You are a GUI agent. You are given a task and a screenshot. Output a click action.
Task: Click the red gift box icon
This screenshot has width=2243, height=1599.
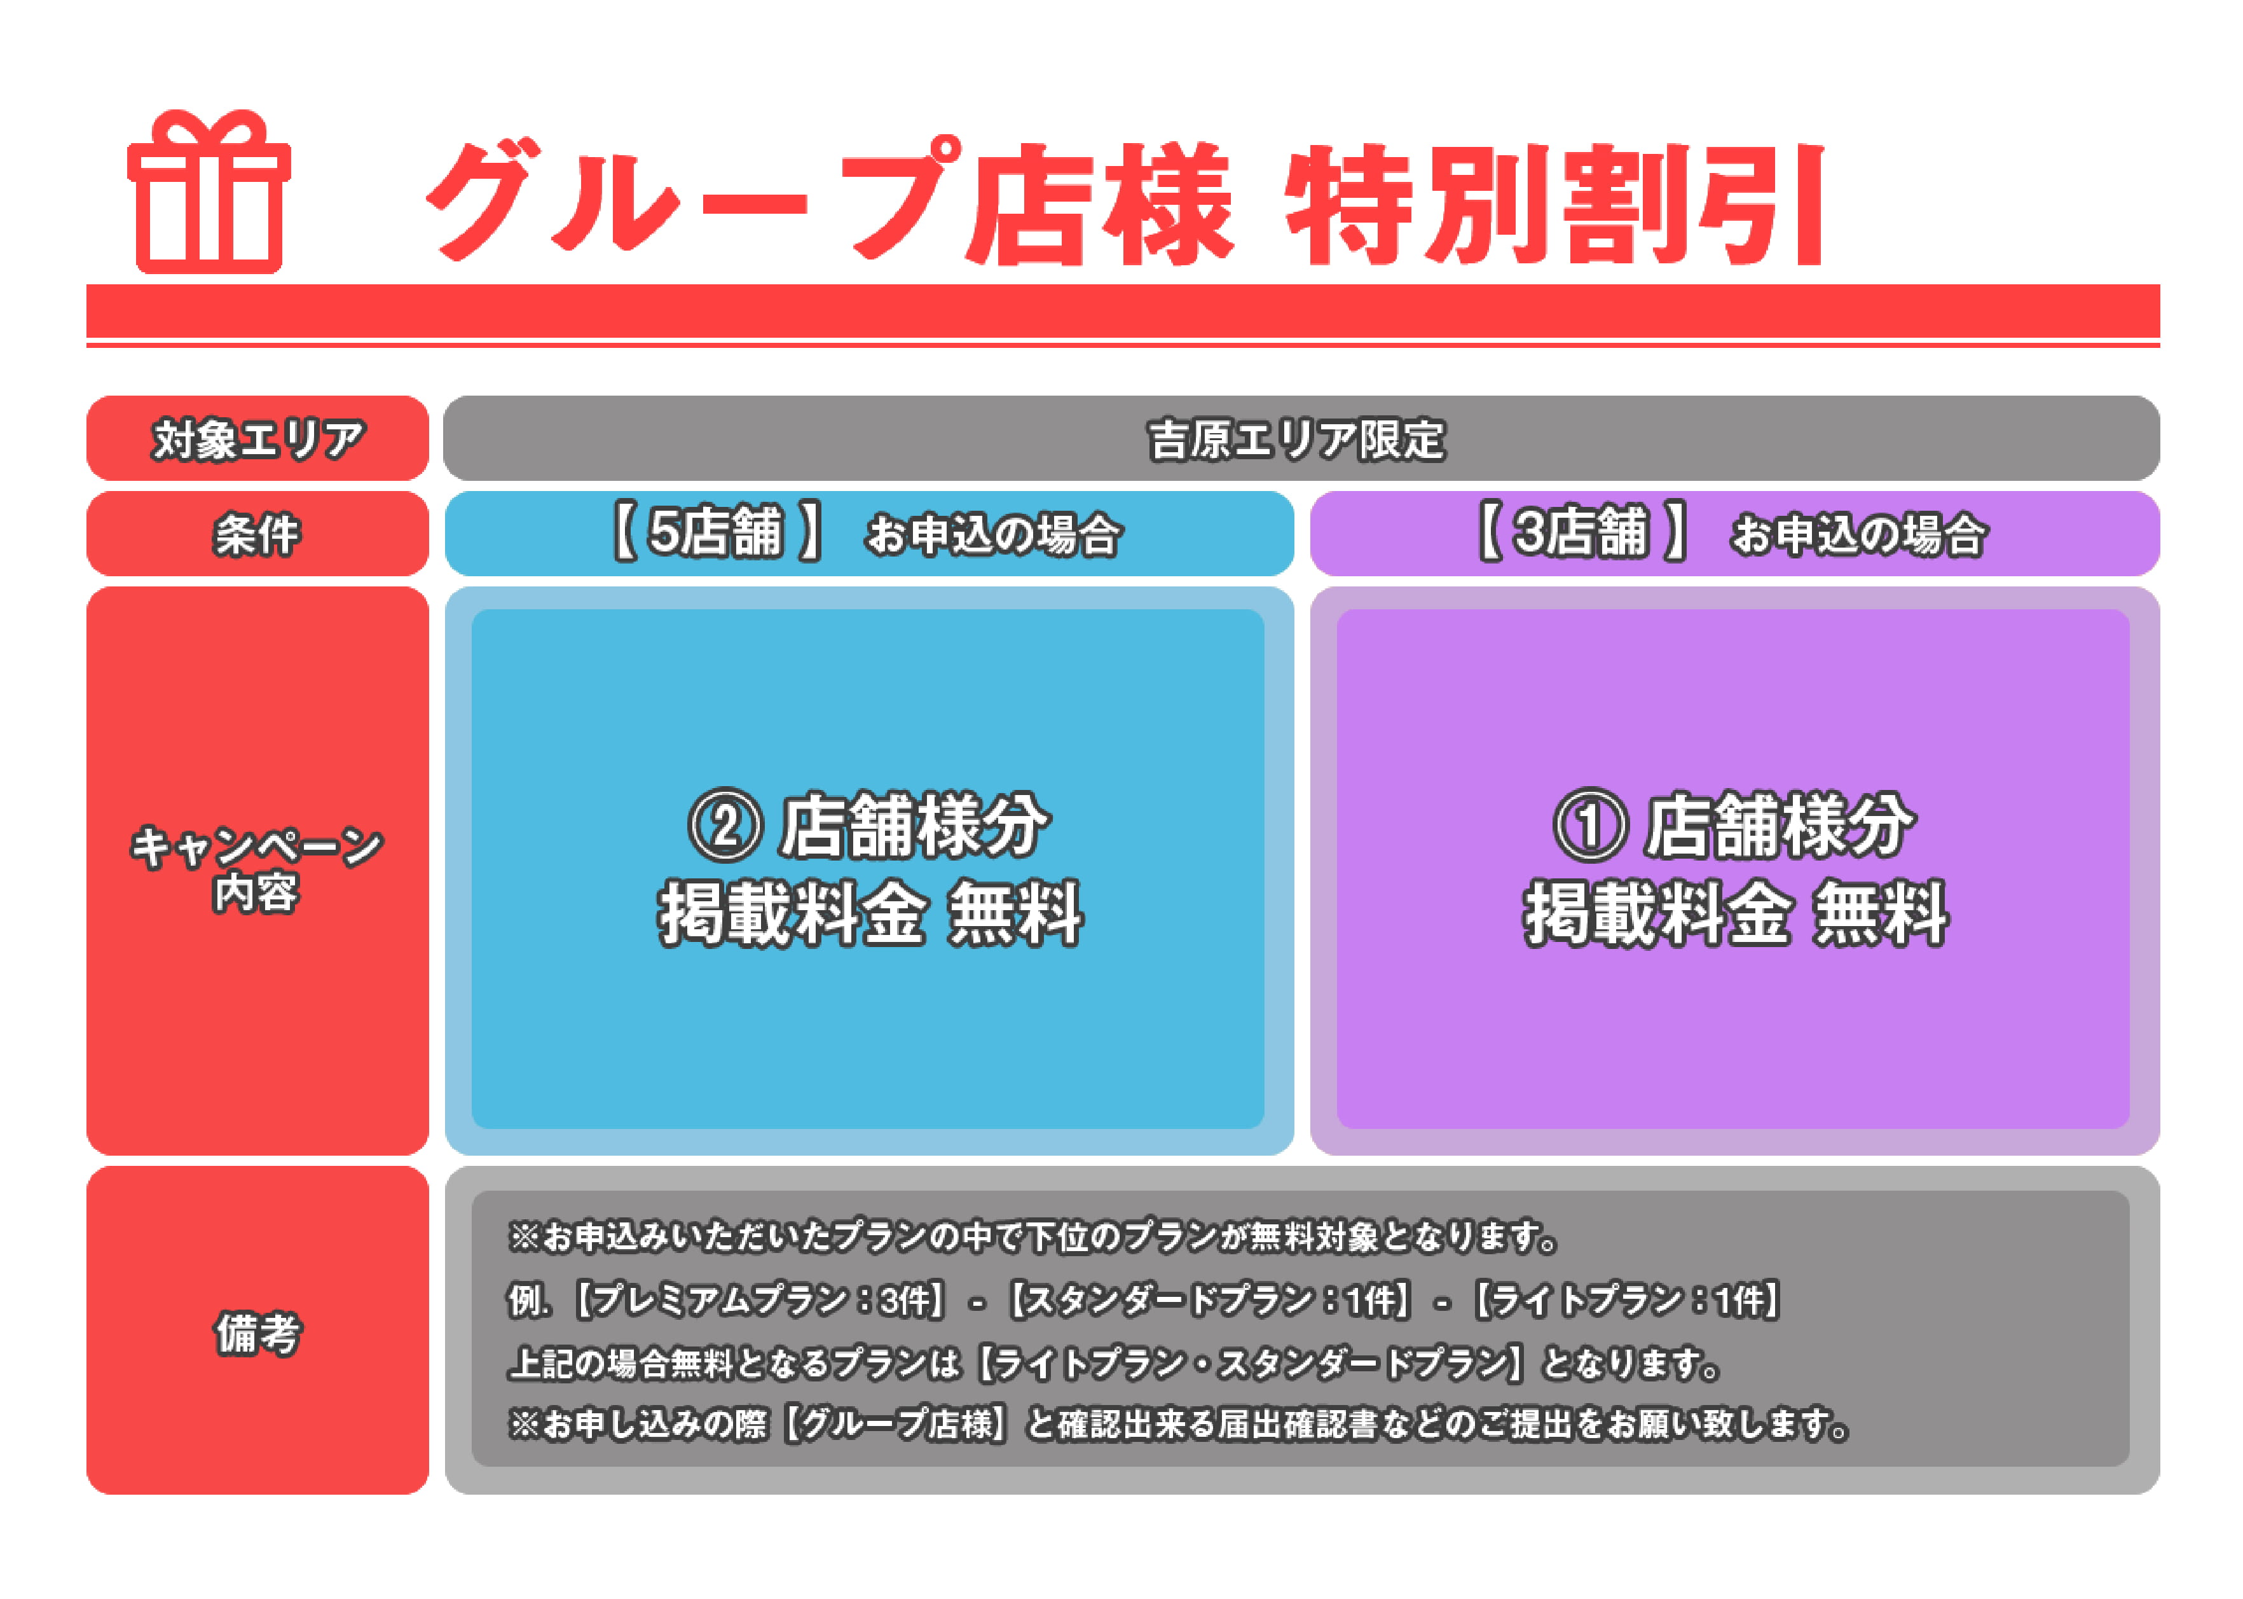[209, 192]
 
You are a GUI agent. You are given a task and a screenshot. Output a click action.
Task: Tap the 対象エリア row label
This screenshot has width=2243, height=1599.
[258, 438]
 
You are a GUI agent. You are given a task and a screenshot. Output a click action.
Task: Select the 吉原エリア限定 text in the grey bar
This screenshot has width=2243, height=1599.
[1297, 439]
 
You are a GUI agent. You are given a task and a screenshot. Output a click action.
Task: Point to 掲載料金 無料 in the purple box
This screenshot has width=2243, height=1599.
[1736, 915]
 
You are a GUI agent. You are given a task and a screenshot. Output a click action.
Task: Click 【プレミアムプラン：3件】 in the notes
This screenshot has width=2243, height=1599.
[759, 1301]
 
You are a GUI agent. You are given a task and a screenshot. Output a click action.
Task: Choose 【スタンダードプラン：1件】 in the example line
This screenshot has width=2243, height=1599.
[1210, 1301]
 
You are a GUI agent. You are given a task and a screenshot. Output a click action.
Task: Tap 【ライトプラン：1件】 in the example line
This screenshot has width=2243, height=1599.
[1625, 1301]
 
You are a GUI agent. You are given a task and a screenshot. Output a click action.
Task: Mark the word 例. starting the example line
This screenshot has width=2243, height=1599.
[528, 1301]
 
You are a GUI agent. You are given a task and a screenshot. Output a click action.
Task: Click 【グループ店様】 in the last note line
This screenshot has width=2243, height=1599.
[896, 1425]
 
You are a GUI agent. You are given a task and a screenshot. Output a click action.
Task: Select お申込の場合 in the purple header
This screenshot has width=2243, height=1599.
[1859, 535]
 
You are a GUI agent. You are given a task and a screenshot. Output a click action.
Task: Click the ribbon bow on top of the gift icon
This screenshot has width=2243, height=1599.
[209, 128]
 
